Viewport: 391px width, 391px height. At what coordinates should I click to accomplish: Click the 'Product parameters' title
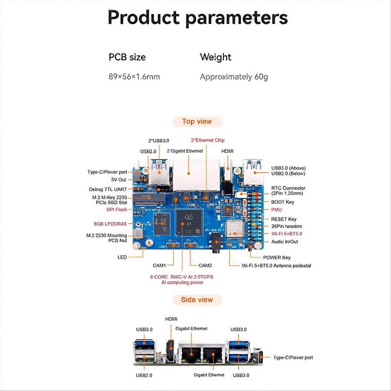pyautogui.click(x=197, y=18)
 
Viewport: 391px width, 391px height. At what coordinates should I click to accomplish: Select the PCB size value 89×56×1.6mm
pyautogui.click(x=134, y=77)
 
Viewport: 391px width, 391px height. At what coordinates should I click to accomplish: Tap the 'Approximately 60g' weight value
pyautogui.click(x=234, y=77)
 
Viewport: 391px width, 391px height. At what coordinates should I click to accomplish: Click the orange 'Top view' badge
pyautogui.click(x=197, y=122)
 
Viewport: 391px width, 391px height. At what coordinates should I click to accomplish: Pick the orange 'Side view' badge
pyautogui.click(x=197, y=300)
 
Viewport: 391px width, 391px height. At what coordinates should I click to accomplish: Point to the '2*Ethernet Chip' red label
pyautogui.click(x=208, y=140)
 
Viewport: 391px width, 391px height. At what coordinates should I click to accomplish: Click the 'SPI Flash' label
pyautogui.click(x=117, y=210)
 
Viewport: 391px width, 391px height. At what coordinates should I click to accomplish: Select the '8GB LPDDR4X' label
pyautogui.click(x=110, y=224)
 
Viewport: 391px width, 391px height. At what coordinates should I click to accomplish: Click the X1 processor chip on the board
pyautogui.click(x=189, y=223)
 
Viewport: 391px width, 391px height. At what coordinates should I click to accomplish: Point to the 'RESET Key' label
pyautogui.click(x=283, y=219)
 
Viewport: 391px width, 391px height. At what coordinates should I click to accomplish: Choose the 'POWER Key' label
pyautogui.click(x=277, y=257)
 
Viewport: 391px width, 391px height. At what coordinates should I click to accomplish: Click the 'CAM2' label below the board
pyautogui.click(x=205, y=266)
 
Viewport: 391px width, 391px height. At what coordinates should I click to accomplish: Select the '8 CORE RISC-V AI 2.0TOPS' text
pyautogui.click(x=181, y=277)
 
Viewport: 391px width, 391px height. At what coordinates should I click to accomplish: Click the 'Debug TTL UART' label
pyautogui.click(x=108, y=189)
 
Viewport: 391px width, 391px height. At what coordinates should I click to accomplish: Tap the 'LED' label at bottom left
pyautogui.click(x=122, y=257)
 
